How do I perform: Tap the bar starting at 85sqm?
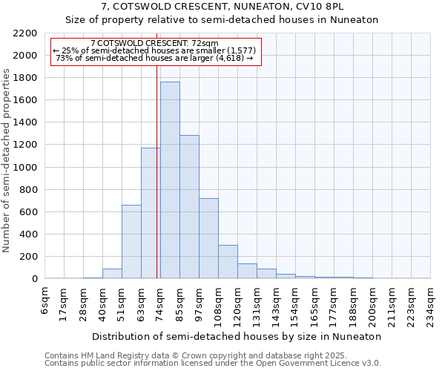pos(189,207)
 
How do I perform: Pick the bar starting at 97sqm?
pos(208,238)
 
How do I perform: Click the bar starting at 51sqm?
pos(131,242)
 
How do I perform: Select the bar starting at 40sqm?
pos(112,274)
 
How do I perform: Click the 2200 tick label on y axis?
pos(25,33)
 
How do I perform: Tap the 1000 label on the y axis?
pos(25,168)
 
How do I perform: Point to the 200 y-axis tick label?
pos(28,257)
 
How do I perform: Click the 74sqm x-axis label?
pos(160,301)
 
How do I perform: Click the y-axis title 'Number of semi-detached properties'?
pos(7,160)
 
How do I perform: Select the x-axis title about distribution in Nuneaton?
pos(237,336)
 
